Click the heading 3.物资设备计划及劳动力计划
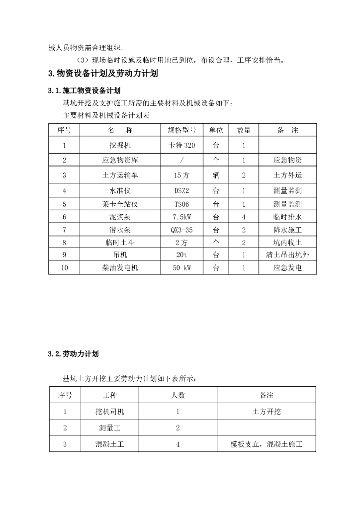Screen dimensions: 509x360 pyautogui.click(x=103, y=74)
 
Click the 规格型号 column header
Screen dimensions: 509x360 pyautogui.click(x=182, y=130)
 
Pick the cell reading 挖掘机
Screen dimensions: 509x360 pyautogui.click(x=120, y=146)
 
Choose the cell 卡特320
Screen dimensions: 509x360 pyautogui.click(x=182, y=146)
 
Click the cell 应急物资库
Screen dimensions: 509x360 pyautogui.click(x=120, y=161)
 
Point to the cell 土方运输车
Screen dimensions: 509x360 pyautogui.click(x=120, y=175)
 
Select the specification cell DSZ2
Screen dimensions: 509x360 pyautogui.click(x=182, y=190)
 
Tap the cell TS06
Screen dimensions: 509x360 pyautogui.click(x=182, y=204)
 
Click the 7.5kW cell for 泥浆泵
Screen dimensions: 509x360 pyautogui.click(x=182, y=217)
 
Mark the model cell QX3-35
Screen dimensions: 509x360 pyautogui.click(x=182, y=230)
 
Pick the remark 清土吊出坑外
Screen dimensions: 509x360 pyautogui.click(x=287, y=255)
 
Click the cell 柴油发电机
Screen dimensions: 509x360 pyautogui.click(x=120, y=267)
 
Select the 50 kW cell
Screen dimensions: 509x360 pyautogui.click(x=182, y=267)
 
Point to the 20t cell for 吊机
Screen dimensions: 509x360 pyautogui.click(x=182, y=255)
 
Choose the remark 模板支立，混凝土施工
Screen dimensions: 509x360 pyautogui.click(x=267, y=444)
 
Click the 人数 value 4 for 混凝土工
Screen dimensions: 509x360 pyautogui.click(x=178, y=444)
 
